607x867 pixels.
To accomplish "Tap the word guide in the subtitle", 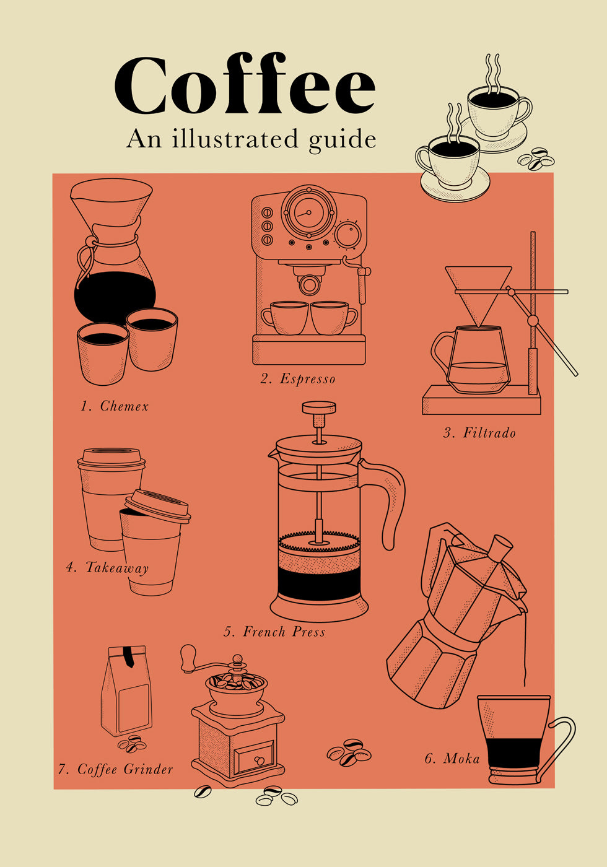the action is coord(342,139).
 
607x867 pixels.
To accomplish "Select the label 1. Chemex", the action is coord(115,406).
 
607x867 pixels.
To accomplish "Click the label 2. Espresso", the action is coord(298,379).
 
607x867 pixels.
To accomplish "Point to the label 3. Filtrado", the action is coord(479,433).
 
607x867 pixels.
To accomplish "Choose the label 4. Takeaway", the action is coord(108,569).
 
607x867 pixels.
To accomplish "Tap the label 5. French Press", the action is coord(274,632).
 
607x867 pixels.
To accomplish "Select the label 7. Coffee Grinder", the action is coord(115,769).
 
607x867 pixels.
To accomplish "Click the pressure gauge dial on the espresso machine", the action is coord(309,212).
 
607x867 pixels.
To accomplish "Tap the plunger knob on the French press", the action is coord(319,408).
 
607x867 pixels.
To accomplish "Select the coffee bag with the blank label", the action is coord(126,691).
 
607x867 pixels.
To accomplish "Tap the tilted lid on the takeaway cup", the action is coord(158,507).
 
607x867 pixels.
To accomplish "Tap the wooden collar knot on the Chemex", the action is coord(90,242).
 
